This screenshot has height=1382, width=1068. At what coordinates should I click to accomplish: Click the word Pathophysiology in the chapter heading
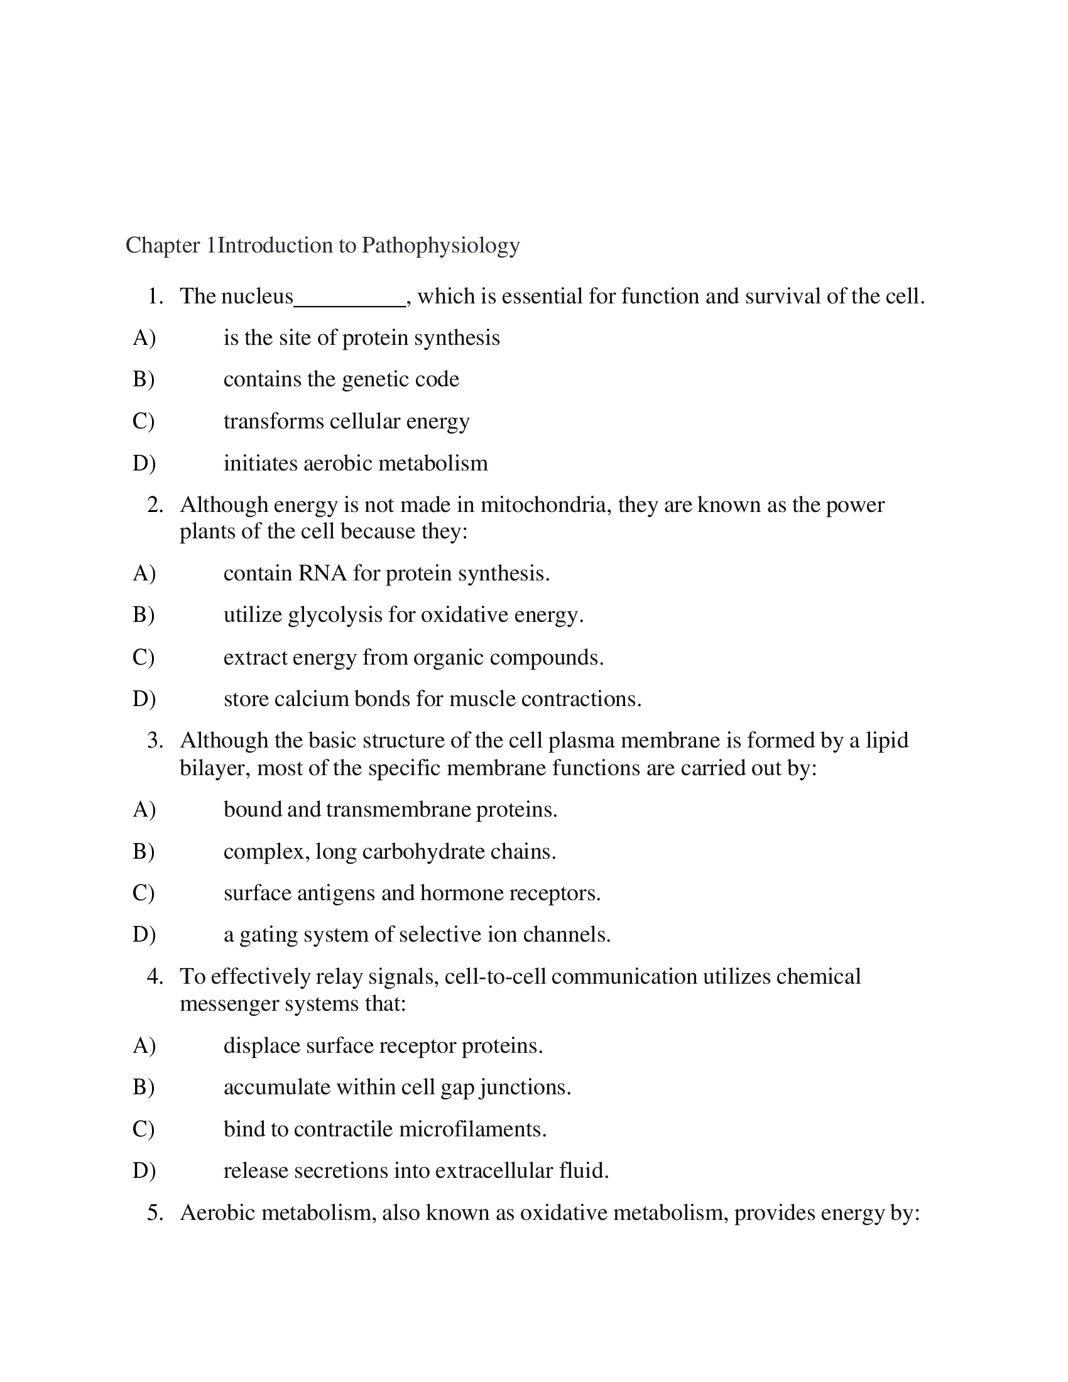[x=440, y=246]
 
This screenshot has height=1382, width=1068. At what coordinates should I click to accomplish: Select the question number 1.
[x=155, y=296]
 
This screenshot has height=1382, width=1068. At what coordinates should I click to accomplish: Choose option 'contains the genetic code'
[x=341, y=379]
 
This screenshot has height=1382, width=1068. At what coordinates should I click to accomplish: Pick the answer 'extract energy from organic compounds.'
[x=413, y=658]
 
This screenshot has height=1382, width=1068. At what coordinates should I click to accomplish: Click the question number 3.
[x=155, y=741]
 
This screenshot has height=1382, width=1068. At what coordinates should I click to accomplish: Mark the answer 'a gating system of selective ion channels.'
[x=417, y=935]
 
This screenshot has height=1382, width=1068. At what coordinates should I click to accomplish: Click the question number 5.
[x=155, y=1213]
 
